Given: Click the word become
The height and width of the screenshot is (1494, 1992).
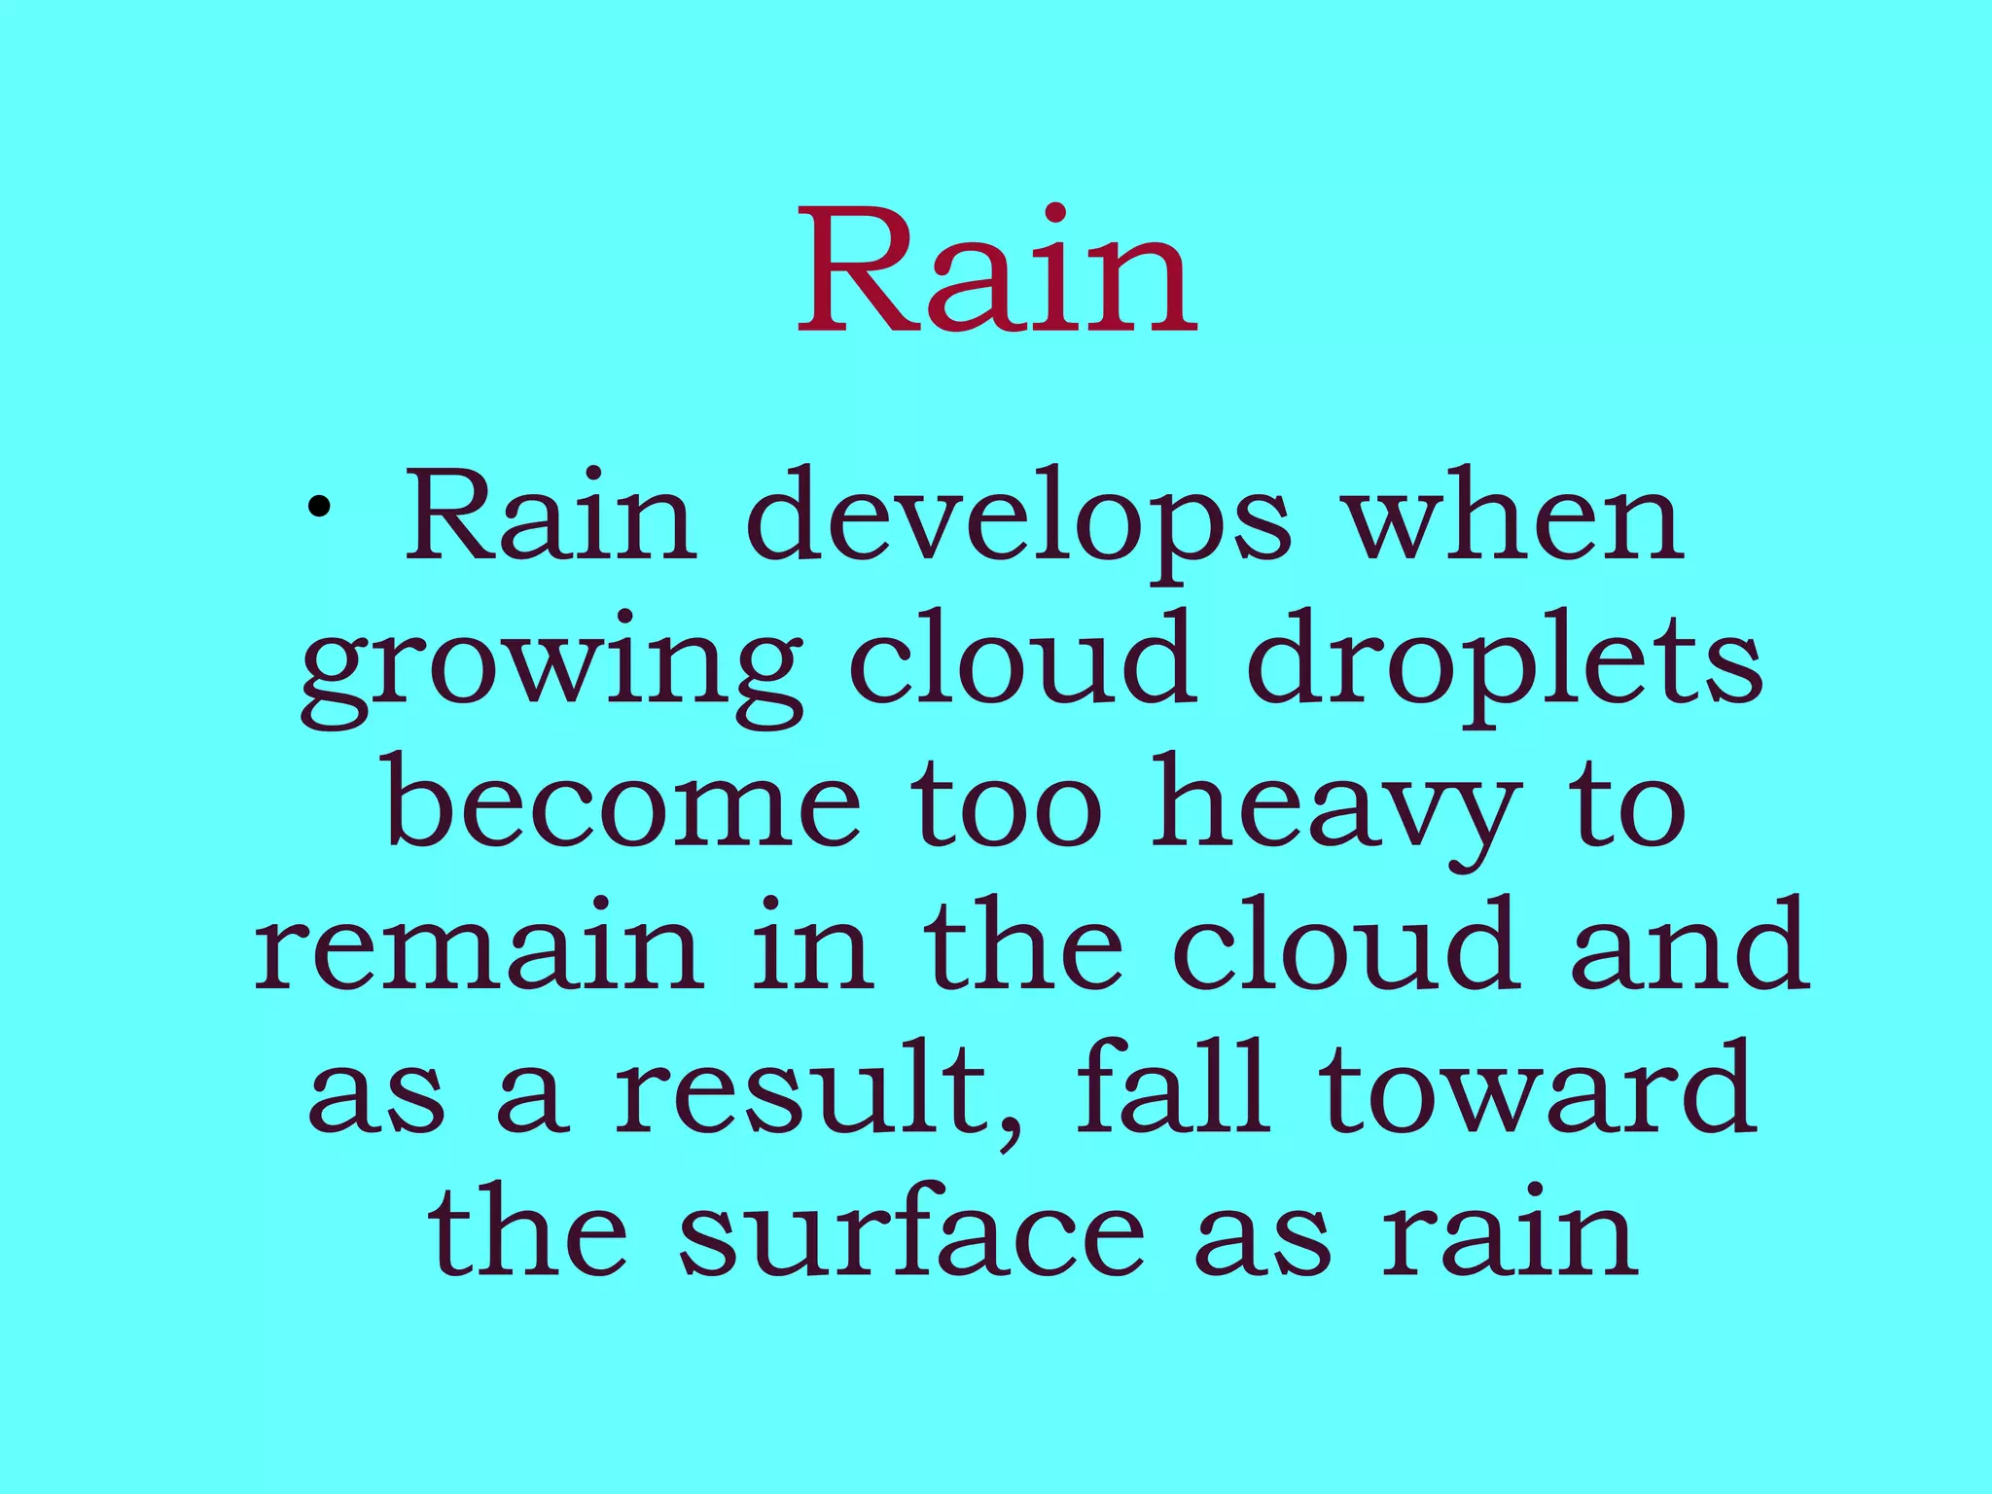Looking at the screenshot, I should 623,802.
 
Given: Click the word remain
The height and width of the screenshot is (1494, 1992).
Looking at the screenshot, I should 477,948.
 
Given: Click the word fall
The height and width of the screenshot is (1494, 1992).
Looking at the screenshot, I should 1173,1085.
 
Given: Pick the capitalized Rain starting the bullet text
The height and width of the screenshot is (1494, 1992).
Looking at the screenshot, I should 551,516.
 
